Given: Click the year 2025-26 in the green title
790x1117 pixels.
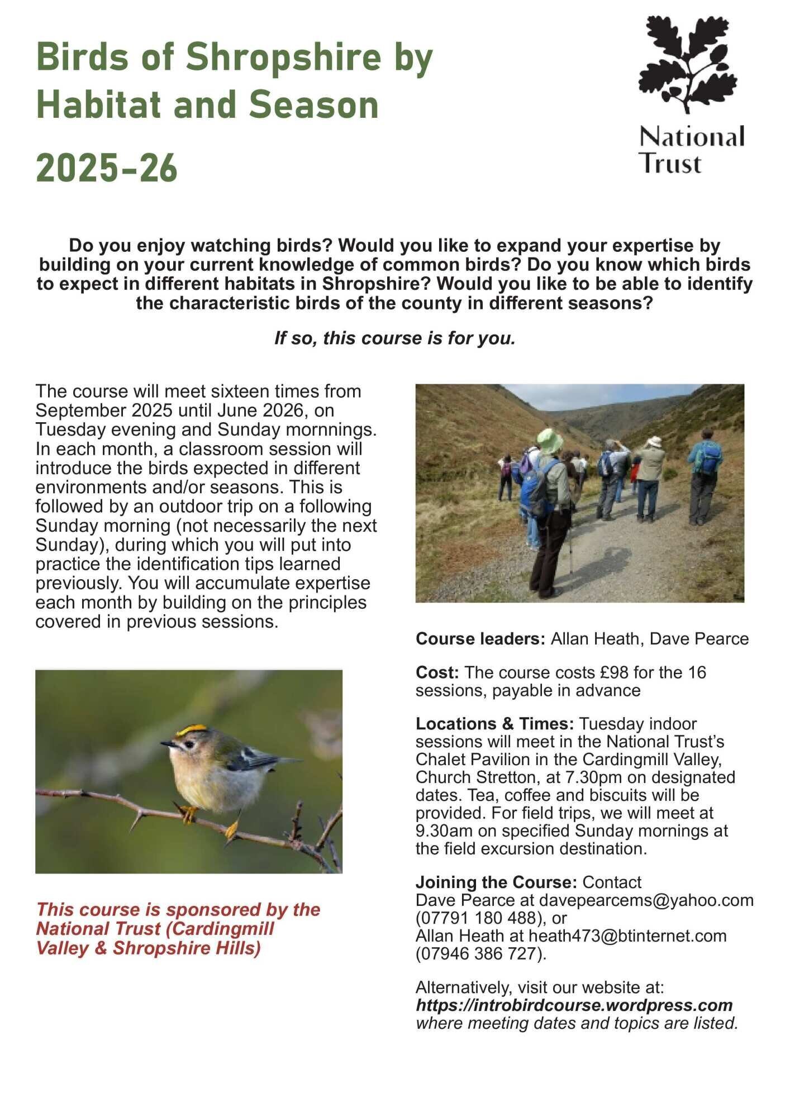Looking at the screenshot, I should pos(107,168).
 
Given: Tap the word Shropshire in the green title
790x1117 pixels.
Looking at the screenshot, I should pos(283,58).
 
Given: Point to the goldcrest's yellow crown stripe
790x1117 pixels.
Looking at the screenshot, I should pos(192,730).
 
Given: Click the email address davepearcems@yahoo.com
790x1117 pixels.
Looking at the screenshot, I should pos(646,900).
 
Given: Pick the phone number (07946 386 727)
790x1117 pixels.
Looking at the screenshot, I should pos(479,953).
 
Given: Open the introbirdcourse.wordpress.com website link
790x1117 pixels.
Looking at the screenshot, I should pos(574,1005).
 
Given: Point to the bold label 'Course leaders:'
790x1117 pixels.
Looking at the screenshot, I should pos(480,639).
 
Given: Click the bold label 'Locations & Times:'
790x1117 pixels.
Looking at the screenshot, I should pos(494,724).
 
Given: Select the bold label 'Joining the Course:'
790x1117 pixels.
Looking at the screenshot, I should pos(496,882).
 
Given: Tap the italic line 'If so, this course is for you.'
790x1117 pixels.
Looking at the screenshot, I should pos(394,338).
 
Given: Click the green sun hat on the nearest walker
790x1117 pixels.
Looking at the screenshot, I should pos(549,441).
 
